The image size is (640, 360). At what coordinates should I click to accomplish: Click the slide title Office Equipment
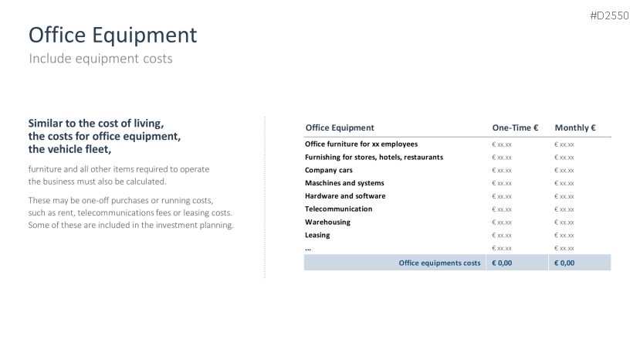[x=113, y=35]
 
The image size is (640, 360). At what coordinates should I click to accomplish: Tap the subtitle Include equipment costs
[x=100, y=59]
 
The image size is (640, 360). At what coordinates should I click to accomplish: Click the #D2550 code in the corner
[x=609, y=15]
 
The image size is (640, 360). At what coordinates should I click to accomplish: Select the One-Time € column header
[x=515, y=127]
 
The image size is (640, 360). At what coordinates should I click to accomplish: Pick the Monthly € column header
[x=575, y=127]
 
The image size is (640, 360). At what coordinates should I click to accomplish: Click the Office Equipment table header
[x=340, y=127]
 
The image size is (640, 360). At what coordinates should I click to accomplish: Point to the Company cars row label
[x=329, y=170]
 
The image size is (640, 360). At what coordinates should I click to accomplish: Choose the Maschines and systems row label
[x=344, y=183]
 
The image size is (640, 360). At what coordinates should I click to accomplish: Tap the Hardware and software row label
[x=345, y=195]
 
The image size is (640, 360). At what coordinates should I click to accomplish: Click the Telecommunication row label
[x=338, y=209]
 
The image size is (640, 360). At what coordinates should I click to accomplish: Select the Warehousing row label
[x=327, y=222]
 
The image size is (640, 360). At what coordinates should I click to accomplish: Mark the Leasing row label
[x=317, y=235]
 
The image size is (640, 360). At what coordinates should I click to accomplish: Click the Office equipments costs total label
[x=439, y=263]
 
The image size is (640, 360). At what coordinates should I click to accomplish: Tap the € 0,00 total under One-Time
[x=502, y=263]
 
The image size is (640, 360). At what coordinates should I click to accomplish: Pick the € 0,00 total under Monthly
[x=564, y=263]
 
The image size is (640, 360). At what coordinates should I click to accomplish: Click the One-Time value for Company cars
[x=502, y=171]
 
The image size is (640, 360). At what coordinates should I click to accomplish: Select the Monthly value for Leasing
[x=564, y=236]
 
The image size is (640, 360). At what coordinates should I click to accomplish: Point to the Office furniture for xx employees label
[x=361, y=144]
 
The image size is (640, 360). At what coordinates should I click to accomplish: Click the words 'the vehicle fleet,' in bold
[x=69, y=150]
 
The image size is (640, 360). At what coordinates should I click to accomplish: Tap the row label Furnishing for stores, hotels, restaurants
[x=374, y=157]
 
